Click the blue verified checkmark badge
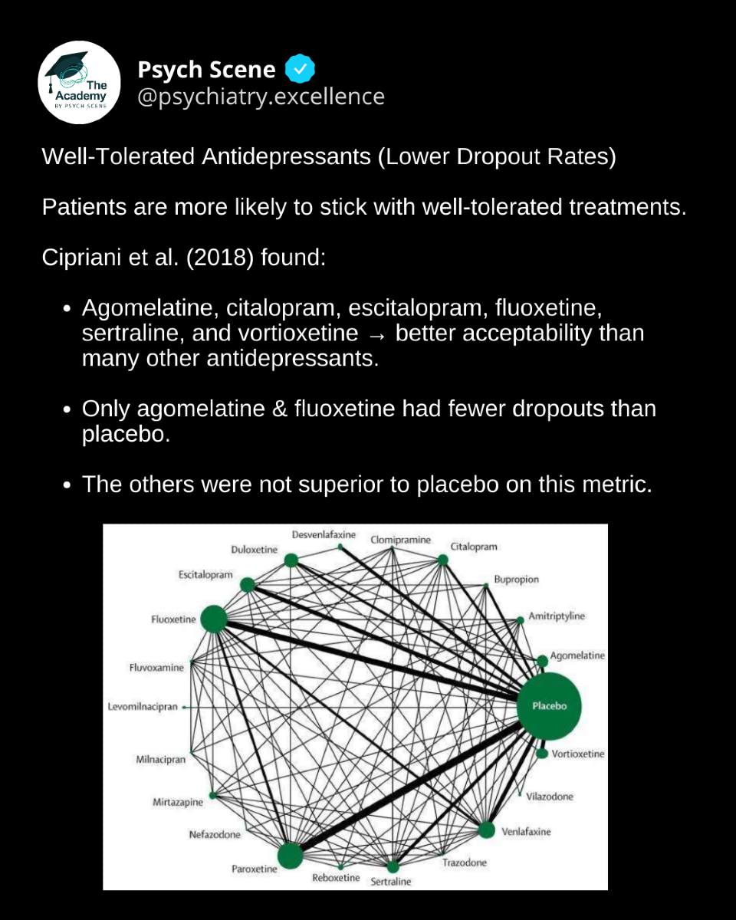tap(301, 68)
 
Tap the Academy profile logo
tap(79, 83)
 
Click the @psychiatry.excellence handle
tap(261, 97)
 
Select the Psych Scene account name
tap(206, 69)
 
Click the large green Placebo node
tap(549, 706)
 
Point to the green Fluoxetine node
tap(214, 619)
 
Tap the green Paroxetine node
tap(290, 856)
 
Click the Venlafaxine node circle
tap(486, 830)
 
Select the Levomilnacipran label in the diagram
tap(143, 707)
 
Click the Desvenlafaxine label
tap(324, 534)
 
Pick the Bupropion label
tap(516, 580)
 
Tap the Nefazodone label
tap(215, 834)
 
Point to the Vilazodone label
tap(550, 797)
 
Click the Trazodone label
tap(465, 863)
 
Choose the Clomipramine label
tap(401, 540)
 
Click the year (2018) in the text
tap(220, 258)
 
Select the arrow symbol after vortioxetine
tap(376, 336)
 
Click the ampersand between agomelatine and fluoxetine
tap(279, 409)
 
